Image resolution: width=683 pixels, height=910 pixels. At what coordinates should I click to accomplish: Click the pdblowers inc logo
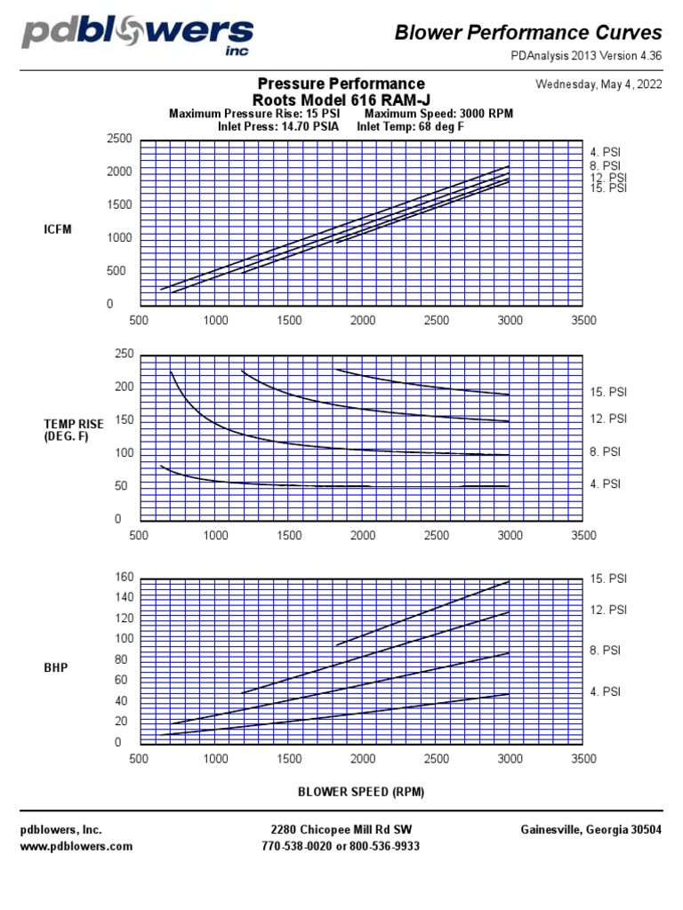[x=138, y=36]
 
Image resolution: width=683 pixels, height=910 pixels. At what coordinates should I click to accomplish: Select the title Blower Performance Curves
[x=528, y=33]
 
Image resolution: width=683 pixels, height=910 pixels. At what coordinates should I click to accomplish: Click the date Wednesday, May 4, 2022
[x=599, y=85]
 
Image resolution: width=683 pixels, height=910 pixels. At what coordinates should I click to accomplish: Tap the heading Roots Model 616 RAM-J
[x=341, y=100]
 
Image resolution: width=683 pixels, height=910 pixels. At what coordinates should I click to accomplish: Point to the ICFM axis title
[x=57, y=229]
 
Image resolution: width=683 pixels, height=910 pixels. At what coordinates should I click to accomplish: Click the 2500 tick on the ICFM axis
[x=119, y=140]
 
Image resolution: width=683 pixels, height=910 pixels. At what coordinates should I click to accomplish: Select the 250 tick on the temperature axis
[x=123, y=355]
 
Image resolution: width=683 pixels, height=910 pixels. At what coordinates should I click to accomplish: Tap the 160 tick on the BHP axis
[x=123, y=578]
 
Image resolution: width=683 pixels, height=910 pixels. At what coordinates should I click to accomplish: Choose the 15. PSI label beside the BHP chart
[x=608, y=579]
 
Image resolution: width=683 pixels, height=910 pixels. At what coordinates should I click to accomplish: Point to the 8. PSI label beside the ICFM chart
[x=606, y=165]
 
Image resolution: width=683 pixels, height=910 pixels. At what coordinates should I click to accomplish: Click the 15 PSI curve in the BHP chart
[x=427, y=612]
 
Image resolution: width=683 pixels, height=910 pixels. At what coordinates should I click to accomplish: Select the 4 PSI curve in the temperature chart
[x=267, y=484]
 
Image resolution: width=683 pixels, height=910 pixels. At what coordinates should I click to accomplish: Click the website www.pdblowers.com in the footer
[x=76, y=846]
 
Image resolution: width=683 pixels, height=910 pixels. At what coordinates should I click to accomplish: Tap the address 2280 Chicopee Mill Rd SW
[x=341, y=830]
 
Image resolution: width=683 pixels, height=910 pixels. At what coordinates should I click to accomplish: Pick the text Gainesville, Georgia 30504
[x=591, y=830]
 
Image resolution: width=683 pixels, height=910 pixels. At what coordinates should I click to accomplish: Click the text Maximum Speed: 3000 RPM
[x=438, y=114]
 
